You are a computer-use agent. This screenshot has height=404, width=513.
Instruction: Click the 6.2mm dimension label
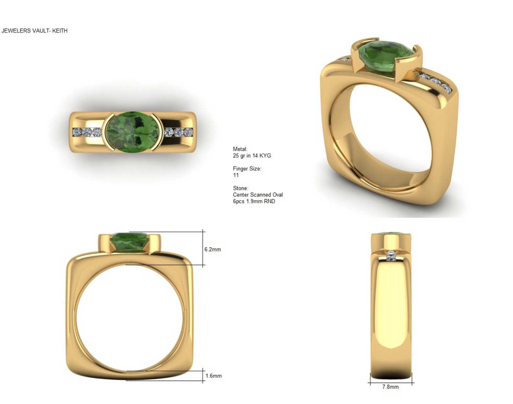pos(212,250)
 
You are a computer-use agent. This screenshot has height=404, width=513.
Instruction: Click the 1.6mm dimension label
pos(213,376)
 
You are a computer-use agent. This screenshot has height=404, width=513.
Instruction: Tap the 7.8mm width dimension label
pos(390,387)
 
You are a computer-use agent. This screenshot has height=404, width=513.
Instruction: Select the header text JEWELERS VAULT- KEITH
pos(34,31)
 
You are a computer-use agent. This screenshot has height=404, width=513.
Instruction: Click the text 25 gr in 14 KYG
pos(252,156)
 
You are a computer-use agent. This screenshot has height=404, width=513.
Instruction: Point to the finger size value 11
pos(236,175)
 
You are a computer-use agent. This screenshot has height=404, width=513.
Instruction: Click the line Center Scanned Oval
pos(258,195)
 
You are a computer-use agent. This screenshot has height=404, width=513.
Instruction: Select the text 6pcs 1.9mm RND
pos(254,201)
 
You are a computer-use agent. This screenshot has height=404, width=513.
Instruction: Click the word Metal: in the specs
pos(240,149)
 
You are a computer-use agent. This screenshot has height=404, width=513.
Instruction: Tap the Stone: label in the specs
pos(240,188)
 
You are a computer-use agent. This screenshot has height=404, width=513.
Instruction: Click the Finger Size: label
pos(247,169)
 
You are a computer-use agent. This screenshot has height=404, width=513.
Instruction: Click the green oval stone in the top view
pos(132,132)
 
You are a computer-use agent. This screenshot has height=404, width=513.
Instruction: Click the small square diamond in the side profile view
pos(391,256)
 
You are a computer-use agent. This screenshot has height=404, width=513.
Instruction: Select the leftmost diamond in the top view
pos(77,132)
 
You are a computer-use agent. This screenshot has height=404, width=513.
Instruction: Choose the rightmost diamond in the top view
pos(188,132)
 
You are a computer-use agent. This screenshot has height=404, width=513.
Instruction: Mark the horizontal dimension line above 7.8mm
pos(391,383)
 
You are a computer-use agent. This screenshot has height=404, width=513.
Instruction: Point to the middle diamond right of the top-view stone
pos(178,132)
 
